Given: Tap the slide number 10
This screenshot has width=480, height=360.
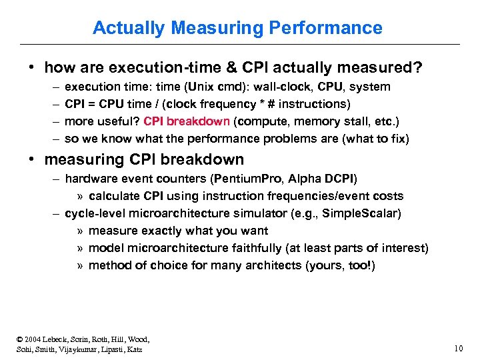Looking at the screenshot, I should point(457,347).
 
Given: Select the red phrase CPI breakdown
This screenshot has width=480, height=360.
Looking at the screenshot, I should point(187,121).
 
